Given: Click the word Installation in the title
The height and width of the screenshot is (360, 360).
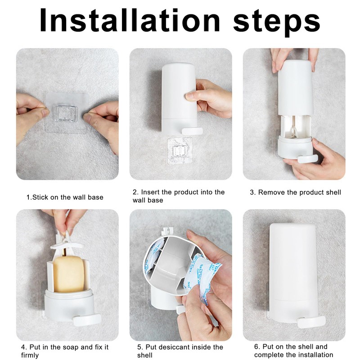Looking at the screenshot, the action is [130, 20].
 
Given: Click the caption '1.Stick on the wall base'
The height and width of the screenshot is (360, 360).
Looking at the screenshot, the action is [65, 197].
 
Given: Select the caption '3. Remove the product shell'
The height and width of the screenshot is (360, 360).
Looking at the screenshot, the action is [296, 193].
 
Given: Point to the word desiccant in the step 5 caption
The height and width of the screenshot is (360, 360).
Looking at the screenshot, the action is [182, 346].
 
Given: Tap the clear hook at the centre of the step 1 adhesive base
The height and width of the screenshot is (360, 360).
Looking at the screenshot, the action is [67, 113].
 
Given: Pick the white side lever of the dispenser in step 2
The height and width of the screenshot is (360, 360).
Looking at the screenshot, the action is [193, 131].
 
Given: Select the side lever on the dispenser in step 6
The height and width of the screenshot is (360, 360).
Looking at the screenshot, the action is [311, 321].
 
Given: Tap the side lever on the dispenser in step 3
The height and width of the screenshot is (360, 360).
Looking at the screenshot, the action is [308, 159].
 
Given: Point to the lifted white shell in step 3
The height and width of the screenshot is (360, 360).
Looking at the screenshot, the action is [296, 88].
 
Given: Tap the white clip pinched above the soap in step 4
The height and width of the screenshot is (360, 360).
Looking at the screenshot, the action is [67, 241].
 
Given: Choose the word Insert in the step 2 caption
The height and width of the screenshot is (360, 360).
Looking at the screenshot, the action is [150, 192].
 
